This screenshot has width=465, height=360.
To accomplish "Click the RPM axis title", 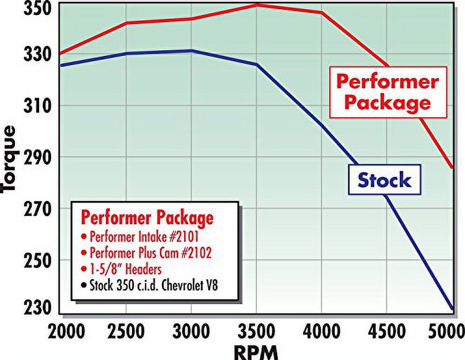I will click(x=256, y=351).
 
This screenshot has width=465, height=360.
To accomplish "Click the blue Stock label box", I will click(x=384, y=180).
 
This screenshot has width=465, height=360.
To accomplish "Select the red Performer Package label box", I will click(x=387, y=92).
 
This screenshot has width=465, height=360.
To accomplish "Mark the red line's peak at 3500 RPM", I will click(x=257, y=5).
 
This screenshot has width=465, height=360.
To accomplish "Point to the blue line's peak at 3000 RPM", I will click(x=191, y=50).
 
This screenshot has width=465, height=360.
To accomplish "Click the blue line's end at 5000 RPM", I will click(x=452, y=308).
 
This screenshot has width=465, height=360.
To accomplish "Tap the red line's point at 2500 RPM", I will click(x=126, y=22).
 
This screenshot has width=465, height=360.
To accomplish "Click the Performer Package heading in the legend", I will click(x=147, y=218).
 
